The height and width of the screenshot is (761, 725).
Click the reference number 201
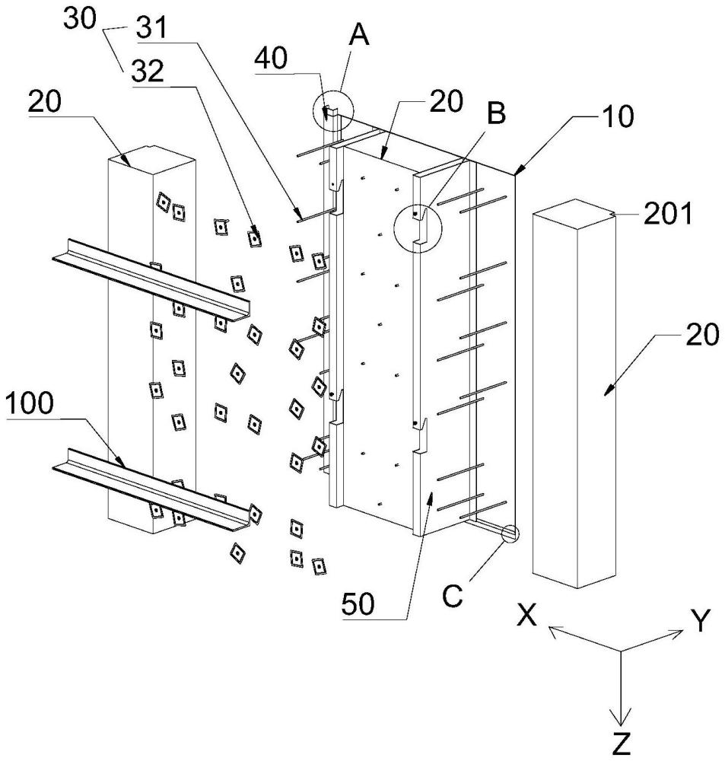[668, 214]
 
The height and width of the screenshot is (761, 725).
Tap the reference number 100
[29, 404]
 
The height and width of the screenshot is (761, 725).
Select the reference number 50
[358, 604]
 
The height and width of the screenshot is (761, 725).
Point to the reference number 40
[272, 59]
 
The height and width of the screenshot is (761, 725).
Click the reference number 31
[151, 27]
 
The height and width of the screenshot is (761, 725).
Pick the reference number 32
[148, 72]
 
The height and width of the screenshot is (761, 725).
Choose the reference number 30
[81, 20]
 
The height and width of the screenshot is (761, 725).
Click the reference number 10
[617, 116]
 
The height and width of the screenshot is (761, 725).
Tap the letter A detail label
[360, 36]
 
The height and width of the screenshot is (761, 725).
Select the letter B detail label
[496, 113]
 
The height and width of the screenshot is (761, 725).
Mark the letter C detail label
[453, 597]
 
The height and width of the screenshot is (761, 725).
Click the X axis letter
[526, 616]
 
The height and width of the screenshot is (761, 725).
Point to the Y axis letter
[700, 621]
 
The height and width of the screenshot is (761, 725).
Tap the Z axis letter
[621, 743]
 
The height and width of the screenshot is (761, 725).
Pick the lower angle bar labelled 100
[151, 489]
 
